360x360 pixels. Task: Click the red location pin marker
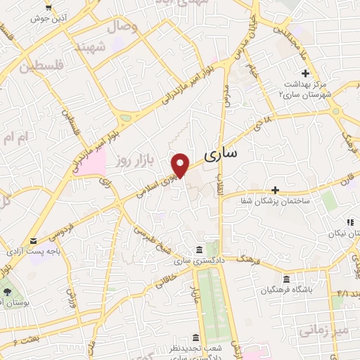182,165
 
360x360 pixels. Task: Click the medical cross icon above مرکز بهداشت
305,73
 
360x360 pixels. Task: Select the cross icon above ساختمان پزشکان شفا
275,190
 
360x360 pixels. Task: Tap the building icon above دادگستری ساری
200,250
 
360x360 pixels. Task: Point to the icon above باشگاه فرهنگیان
285,278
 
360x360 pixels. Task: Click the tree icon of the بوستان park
6,291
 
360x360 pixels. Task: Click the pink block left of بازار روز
94,163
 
